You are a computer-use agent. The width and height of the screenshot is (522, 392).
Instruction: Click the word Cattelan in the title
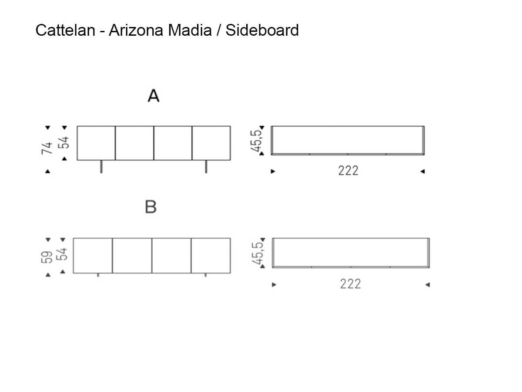(x=65, y=30)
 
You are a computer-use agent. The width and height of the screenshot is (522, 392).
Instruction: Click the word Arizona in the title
(x=136, y=30)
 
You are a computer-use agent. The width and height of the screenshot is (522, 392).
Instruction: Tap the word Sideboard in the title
(x=262, y=30)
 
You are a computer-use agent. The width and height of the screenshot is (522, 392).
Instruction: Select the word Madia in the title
(x=190, y=30)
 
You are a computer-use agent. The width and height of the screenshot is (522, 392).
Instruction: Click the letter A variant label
(x=154, y=96)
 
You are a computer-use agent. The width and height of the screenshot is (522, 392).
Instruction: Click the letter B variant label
(x=151, y=206)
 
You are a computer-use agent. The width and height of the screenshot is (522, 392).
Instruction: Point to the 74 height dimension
(x=47, y=148)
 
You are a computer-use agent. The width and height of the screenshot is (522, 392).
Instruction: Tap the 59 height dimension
(x=47, y=257)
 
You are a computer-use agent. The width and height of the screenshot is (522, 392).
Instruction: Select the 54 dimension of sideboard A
(x=64, y=142)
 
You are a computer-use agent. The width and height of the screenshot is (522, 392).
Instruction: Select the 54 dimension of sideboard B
(x=62, y=254)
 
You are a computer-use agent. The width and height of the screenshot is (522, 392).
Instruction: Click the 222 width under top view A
(x=348, y=171)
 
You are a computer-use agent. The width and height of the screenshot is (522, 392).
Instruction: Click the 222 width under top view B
(x=350, y=284)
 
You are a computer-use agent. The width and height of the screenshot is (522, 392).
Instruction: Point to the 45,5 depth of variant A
(x=257, y=141)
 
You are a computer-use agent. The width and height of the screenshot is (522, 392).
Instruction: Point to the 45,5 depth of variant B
(x=258, y=253)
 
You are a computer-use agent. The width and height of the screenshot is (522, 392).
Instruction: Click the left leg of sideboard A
(x=101, y=166)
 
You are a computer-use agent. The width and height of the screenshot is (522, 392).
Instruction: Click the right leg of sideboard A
(x=206, y=166)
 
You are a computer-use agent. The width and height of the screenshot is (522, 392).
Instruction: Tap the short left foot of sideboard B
(x=98, y=275)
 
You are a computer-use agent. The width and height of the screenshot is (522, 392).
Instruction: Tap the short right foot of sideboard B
(x=206, y=275)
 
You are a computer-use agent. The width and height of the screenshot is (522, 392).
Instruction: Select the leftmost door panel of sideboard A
(x=96, y=143)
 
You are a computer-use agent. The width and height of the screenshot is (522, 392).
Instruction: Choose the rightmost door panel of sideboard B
(x=211, y=255)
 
